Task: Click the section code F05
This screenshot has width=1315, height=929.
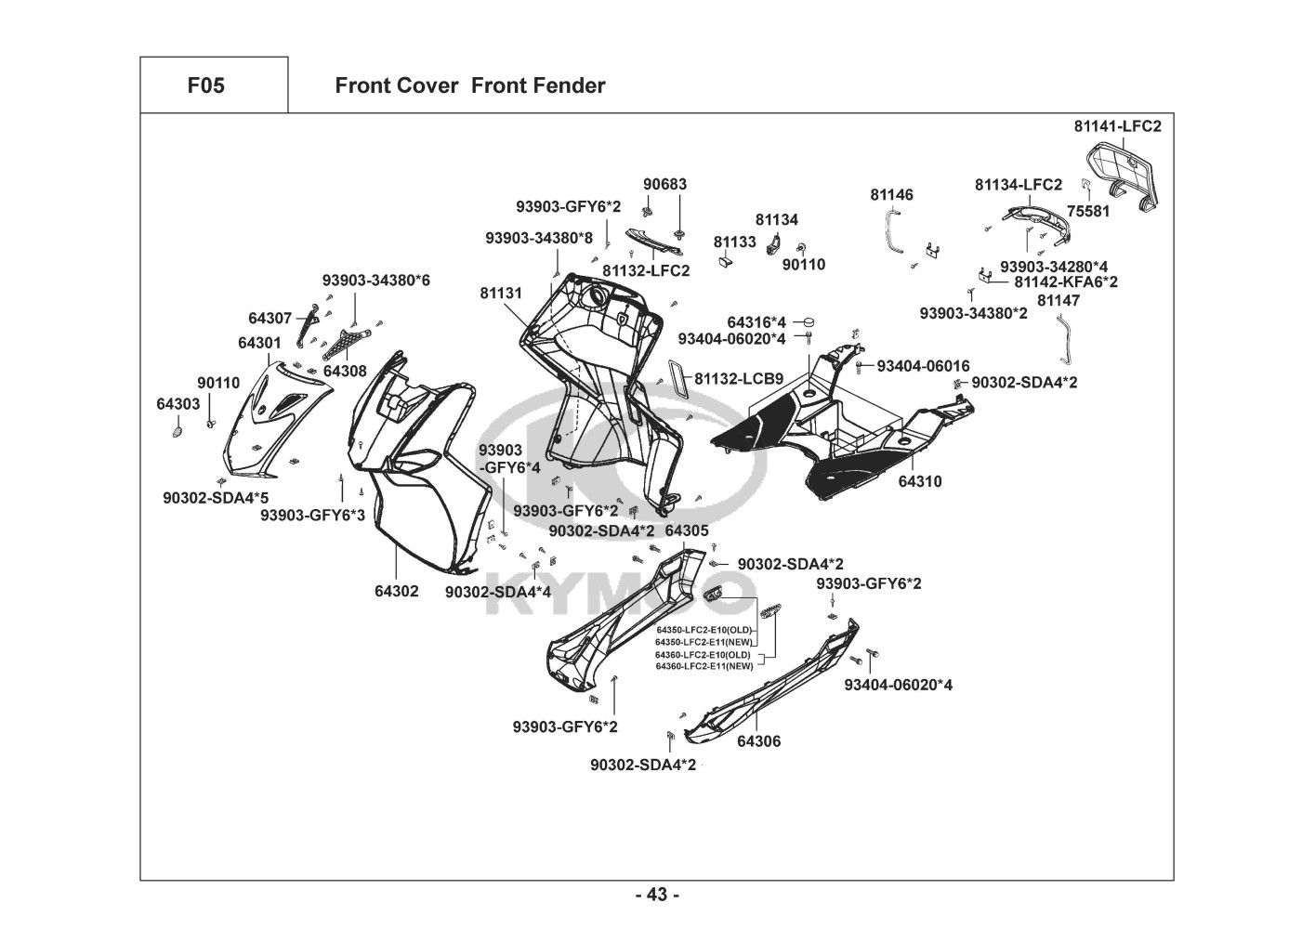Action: [x=205, y=86]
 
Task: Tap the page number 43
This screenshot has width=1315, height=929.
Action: [x=657, y=896]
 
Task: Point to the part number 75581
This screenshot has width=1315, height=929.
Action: [x=1088, y=211]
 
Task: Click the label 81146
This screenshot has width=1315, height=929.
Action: [x=891, y=195]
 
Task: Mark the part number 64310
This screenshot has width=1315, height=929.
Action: [x=919, y=481]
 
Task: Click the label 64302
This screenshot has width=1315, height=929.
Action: [x=397, y=591]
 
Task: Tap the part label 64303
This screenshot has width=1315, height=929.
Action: [x=178, y=404]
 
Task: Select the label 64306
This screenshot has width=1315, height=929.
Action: [x=758, y=741]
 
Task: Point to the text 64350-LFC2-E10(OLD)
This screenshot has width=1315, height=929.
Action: [x=704, y=630]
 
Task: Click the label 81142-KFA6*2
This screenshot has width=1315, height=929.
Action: [x=1066, y=281]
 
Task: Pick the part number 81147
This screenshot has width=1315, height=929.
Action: [x=1059, y=300]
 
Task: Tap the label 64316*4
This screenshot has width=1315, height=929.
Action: [x=756, y=321]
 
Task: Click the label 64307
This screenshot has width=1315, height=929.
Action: [x=270, y=318]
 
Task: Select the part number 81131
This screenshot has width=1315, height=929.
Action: [x=501, y=293]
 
